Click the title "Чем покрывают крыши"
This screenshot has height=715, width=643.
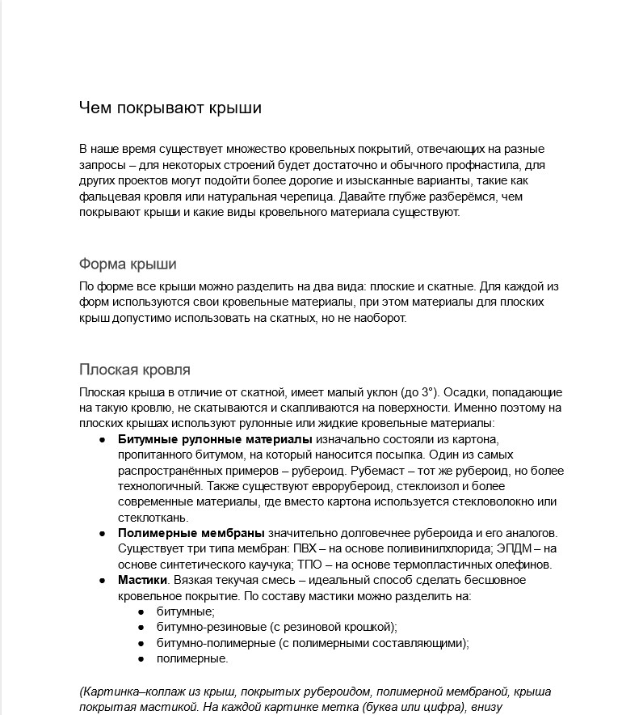pyautogui.click(x=170, y=108)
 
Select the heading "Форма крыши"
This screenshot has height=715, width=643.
pyautogui.click(x=128, y=264)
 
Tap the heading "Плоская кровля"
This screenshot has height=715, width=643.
pyautogui.click(x=135, y=370)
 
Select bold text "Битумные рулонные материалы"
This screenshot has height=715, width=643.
pyautogui.click(x=215, y=439)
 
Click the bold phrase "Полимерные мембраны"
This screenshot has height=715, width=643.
pyautogui.click(x=191, y=533)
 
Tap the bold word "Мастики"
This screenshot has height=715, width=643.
pyautogui.click(x=142, y=580)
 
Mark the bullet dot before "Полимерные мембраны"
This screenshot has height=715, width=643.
pyautogui.click(x=103, y=534)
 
